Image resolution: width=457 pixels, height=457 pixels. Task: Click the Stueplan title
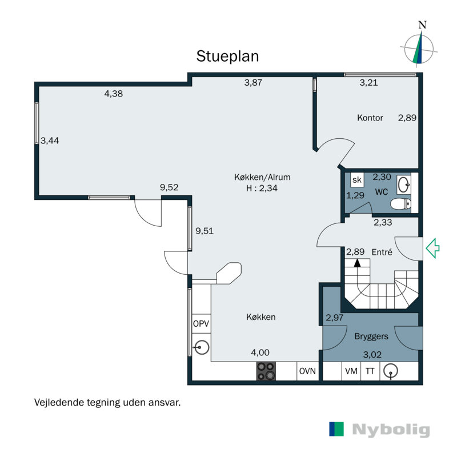pyautogui.click(x=227, y=57)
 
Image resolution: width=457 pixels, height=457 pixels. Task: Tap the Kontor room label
pyautogui.click(x=370, y=118)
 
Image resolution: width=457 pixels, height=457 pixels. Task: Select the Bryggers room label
pyautogui.click(x=371, y=336)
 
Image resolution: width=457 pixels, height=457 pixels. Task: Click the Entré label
pyautogui.click(x=382, y=252)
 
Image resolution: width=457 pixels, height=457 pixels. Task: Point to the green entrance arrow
pyautogui.click(x=432, y=248)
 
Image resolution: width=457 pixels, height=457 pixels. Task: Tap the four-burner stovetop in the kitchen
pyautogui.click(x=266, y=371)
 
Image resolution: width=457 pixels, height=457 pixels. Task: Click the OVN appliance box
pyautogui.click(x=307, y=371)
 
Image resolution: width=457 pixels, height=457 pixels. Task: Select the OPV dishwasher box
pyautogui.click(x=201, y=323)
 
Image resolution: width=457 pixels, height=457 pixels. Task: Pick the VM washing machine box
pyautogui.click(x=351, y=371)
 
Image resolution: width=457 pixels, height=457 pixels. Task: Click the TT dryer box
pyautogui.click(x=370, y=371)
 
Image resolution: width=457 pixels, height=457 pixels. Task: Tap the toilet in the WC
pyautogui.click(x=401, y=204)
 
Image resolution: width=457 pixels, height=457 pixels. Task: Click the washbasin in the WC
pyautogui.click(x=404, y=185)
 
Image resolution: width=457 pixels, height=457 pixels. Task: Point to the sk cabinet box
pyautogui.click(x=356, y=180)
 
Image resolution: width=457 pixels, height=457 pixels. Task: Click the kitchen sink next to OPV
pyautogui.click(x=202, y=347)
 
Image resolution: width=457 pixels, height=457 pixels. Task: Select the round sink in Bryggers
pyautogui.click(x=391, y=371)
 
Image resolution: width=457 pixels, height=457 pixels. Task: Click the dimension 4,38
pyautogui.click(x=113, y=94)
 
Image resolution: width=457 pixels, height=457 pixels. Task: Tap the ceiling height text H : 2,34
pyautogui.click(x=262, y=189)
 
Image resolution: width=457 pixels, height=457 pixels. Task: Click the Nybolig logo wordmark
pyautogui.click(x=391, y=430)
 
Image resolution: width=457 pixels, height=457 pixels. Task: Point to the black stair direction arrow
pyautogui.click(x=357, y=263)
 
